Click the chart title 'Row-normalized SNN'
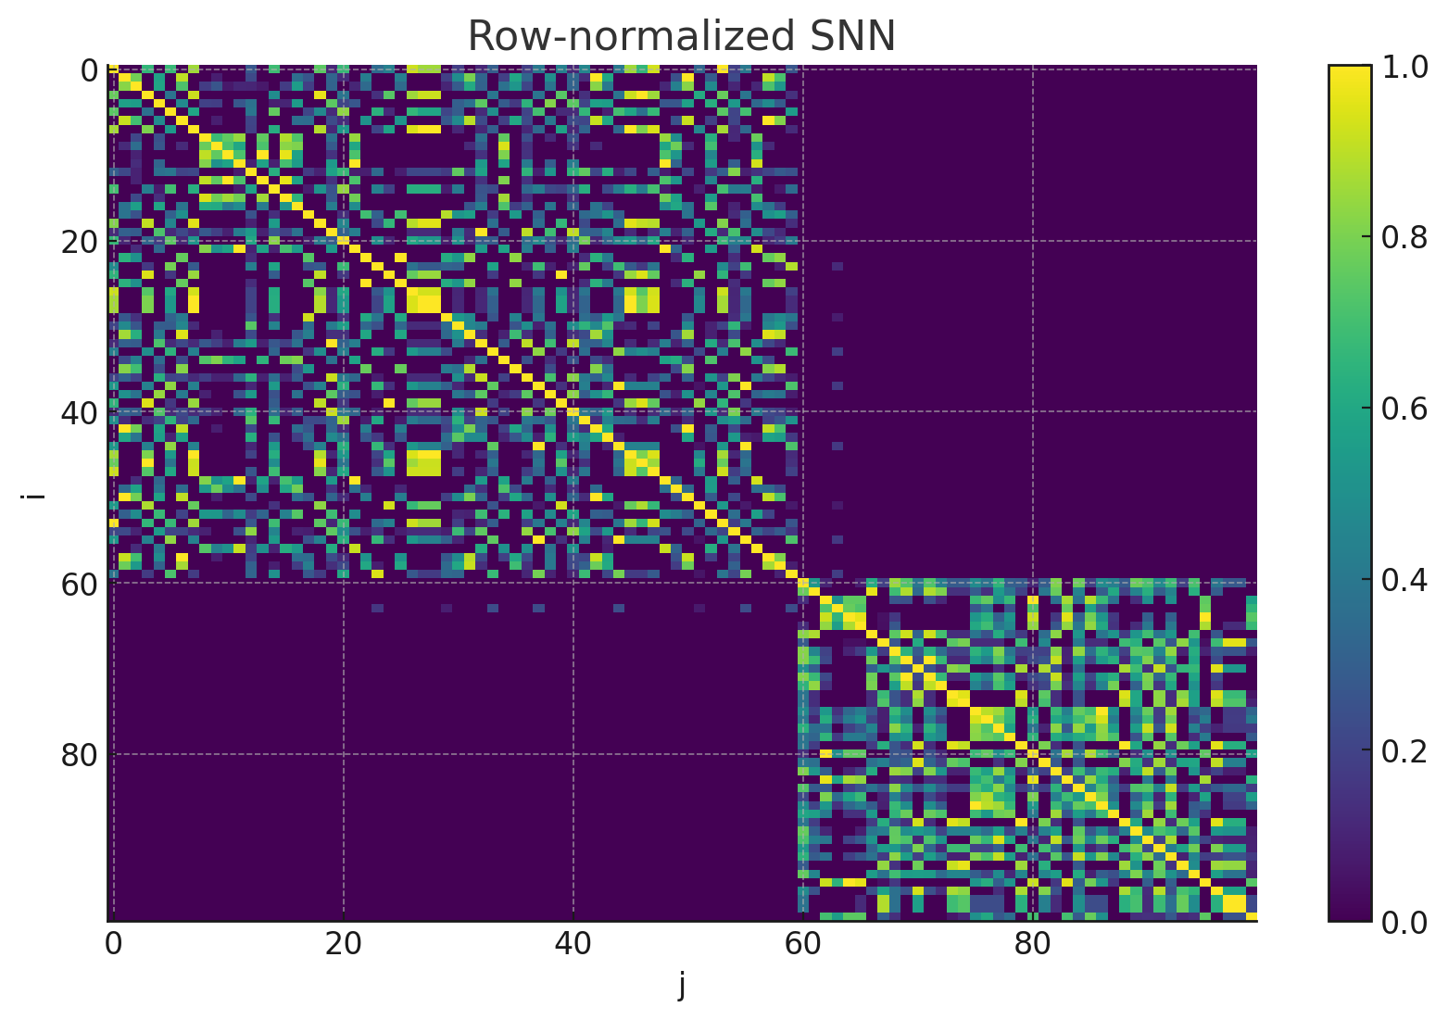point(681,37)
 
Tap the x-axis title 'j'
point(682,986)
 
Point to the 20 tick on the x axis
point(343,945)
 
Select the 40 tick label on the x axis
point(573,945)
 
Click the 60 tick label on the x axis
point(802,945)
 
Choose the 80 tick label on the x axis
point(1032,945)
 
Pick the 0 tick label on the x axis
point(113,945)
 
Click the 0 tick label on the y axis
point(89,69)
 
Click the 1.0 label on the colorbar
point(1404,66)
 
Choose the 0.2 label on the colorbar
point(1404,751)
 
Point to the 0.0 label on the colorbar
point(1404,923)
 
